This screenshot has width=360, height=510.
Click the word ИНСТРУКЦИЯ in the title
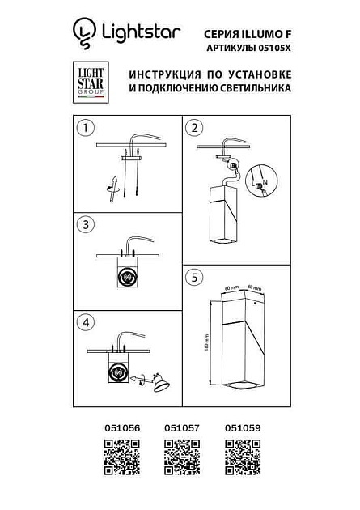click(165, 74)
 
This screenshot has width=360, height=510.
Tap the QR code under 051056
click(119, 457)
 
